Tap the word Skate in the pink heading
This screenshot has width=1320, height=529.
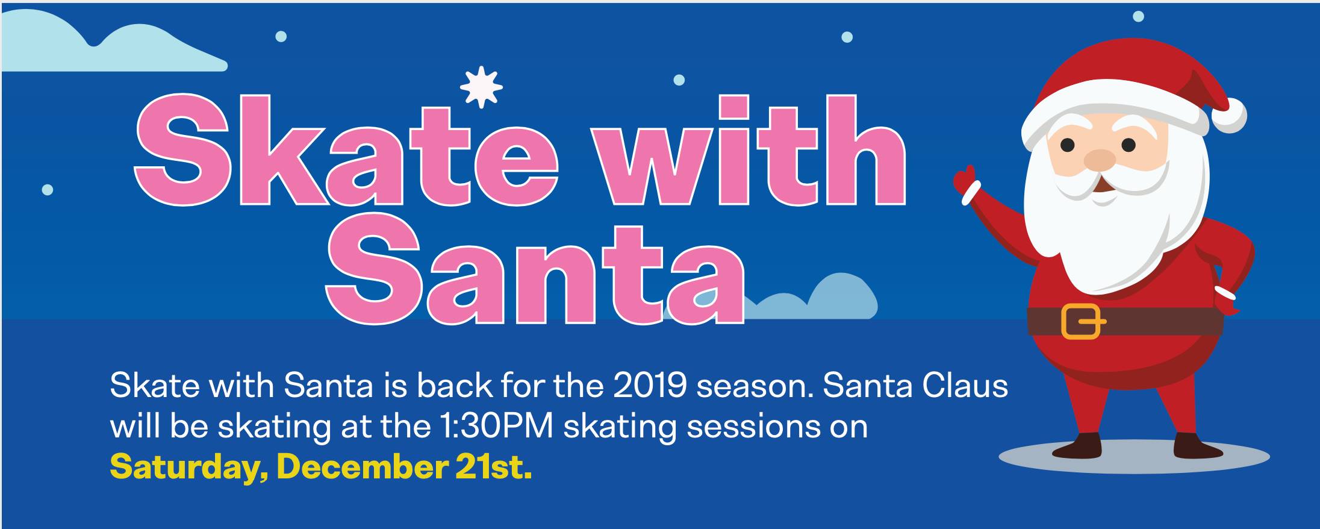pos(347,151)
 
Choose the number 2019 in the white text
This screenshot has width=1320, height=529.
pos(650,386)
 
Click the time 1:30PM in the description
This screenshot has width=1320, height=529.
pos(492,427)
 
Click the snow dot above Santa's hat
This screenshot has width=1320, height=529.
pos(1138,16)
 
